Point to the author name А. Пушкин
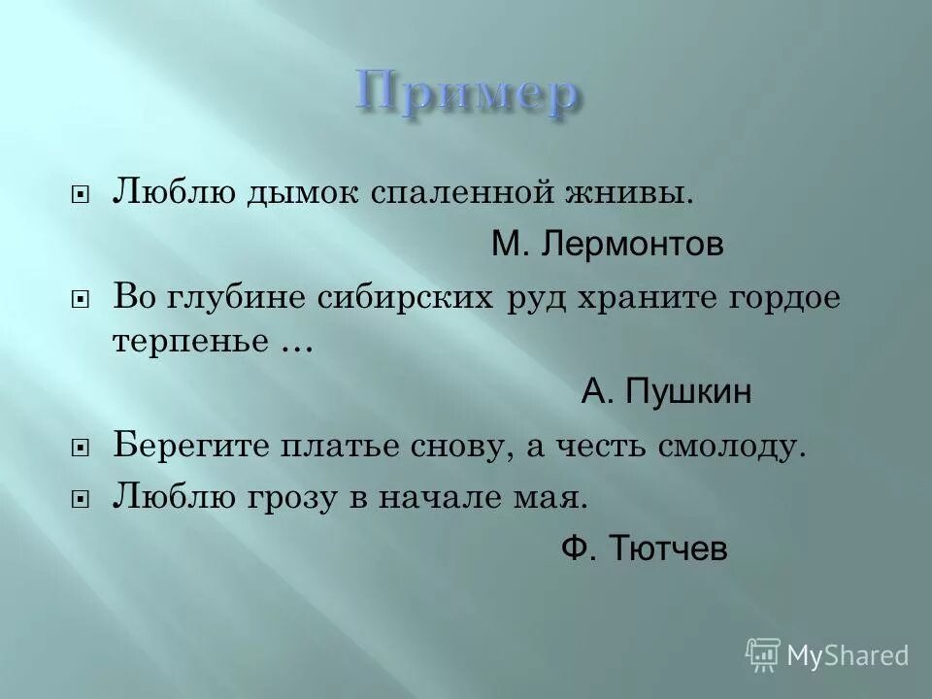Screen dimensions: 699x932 click(666, 393)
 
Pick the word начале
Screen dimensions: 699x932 click(464, 497)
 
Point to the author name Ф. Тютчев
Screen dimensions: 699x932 click(645, 549)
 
